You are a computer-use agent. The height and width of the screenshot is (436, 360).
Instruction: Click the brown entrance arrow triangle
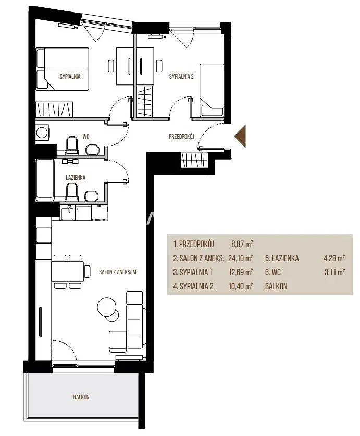coord(241,136)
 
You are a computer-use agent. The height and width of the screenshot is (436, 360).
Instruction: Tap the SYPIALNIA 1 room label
coord(72,76)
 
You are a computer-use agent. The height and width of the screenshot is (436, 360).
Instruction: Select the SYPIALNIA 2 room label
coord(181,77)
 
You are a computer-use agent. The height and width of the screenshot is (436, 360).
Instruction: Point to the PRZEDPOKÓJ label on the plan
coord(181,136)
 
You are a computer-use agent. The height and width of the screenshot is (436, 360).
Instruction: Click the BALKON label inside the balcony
coord(81,397)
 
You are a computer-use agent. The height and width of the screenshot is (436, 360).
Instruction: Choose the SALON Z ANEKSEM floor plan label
coord(118,272)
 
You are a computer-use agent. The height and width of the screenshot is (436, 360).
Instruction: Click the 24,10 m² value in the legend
coord(241,258)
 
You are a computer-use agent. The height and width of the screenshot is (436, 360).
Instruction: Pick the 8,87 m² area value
coord(242,244)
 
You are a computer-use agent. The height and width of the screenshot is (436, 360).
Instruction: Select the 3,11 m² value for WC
coord(335,272)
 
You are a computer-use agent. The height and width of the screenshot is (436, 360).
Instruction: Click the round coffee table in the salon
coord(107,307)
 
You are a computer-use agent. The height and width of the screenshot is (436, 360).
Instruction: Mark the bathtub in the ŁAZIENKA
coord(45,179)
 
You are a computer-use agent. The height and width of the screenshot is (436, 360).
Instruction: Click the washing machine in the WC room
coord(43,132)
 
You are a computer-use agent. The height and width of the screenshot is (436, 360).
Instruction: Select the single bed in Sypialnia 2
coord(212,90)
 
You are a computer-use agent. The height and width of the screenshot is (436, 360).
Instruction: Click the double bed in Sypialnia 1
coord(63,69)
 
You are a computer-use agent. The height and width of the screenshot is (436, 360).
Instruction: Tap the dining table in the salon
coord(68,271)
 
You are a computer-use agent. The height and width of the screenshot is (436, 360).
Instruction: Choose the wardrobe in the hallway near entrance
coord(194,160)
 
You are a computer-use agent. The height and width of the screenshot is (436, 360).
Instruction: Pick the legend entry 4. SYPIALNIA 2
coord(193,286)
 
